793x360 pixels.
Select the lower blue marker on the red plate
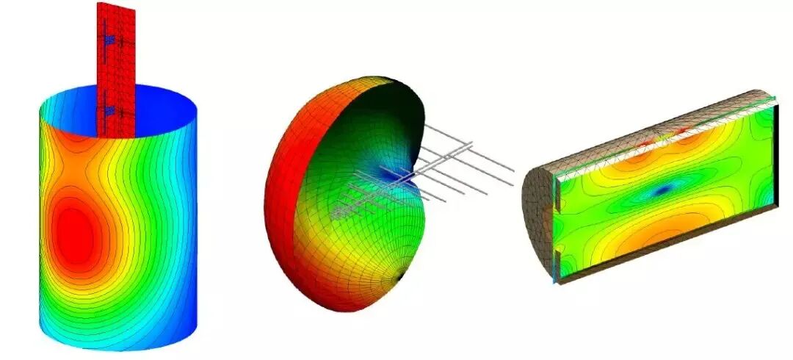pos(109,111)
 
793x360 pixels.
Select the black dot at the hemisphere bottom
pos(399,277)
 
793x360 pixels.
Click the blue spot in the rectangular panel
pos(663,190)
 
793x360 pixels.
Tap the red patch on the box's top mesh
pos(680,131)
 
